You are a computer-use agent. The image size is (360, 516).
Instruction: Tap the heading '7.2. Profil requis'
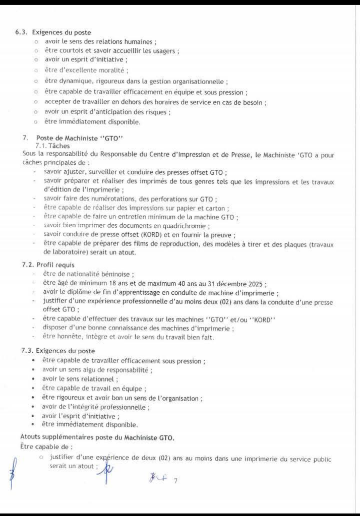point(48,264)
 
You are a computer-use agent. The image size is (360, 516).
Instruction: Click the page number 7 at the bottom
point(176,481)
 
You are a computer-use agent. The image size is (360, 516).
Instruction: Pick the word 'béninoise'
point(115,274)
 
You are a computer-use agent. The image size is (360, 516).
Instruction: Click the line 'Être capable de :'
point(40,446)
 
